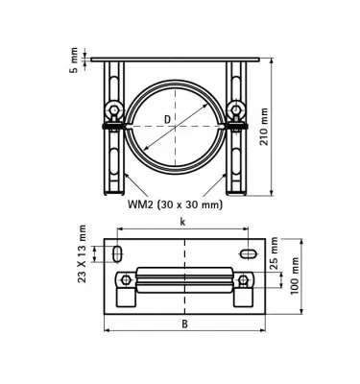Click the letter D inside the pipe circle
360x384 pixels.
(x=167, y=119)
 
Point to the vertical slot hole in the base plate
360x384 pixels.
(x=117, y=253)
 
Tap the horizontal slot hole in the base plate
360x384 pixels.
(x=246, y=253)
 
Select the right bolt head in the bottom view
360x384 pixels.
(x=244, y=280)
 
